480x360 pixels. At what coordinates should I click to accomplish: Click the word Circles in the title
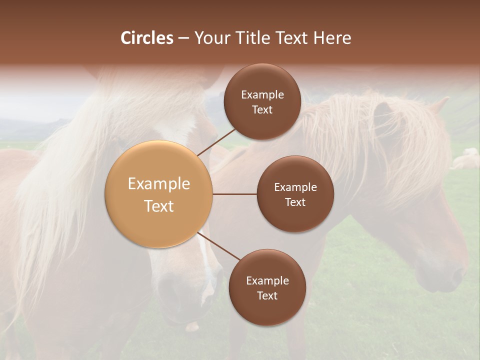pos(147,38)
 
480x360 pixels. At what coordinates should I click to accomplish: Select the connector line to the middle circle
pos(235,194)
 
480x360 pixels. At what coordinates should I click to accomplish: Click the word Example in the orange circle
pos(159,184)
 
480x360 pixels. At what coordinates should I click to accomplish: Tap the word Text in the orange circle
pos(159,206)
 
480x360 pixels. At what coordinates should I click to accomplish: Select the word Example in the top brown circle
pos(262,95)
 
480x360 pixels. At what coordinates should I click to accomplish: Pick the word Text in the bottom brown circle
pos(267,295)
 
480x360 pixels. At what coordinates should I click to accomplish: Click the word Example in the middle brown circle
pos(295,187)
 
